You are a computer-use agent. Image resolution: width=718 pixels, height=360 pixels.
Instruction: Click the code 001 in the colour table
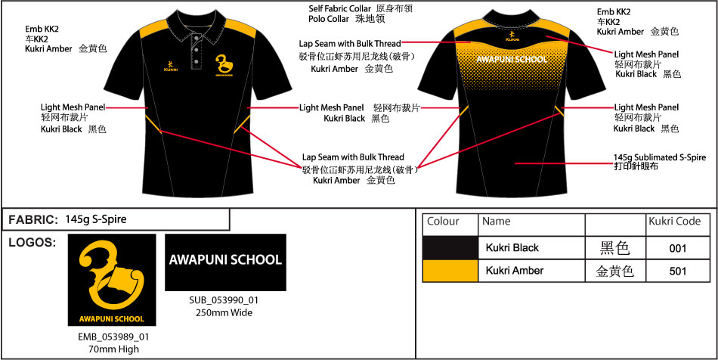tap(677, 248)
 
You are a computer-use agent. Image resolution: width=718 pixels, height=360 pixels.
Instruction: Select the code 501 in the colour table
tap(677, 271)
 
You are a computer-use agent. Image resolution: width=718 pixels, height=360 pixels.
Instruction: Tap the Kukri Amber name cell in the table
tap(515, 271)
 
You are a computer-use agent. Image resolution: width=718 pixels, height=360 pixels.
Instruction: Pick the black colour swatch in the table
tap(450, 248)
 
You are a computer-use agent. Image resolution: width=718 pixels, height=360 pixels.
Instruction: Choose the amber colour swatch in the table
tap(450, 271)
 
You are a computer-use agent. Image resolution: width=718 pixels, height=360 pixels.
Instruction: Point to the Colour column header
tap(443, 222)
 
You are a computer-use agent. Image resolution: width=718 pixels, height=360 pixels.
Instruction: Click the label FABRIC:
tap(33, 220)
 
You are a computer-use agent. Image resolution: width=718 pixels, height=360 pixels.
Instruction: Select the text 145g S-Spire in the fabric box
tap(96, 220)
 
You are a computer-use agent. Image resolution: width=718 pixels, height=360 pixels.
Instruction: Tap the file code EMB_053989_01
tap(113, 337)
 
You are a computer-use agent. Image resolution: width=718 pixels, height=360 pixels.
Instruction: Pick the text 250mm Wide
tap(224, 312)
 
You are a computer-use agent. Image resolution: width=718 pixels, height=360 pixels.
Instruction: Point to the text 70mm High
tap(113, 349)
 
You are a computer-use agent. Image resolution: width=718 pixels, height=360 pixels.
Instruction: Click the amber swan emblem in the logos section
tap(113, 273)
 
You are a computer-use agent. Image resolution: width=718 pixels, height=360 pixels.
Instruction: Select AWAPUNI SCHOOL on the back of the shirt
tap(512, 59)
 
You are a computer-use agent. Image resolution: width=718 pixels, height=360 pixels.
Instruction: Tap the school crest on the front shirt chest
tap(224, 64)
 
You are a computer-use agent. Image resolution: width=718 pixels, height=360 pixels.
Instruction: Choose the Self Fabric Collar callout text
tap(339, 8)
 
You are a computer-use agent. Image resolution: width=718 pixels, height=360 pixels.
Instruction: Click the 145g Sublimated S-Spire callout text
tap(660, 157)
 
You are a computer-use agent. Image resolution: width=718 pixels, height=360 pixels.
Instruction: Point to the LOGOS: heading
tap(32, 243)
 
